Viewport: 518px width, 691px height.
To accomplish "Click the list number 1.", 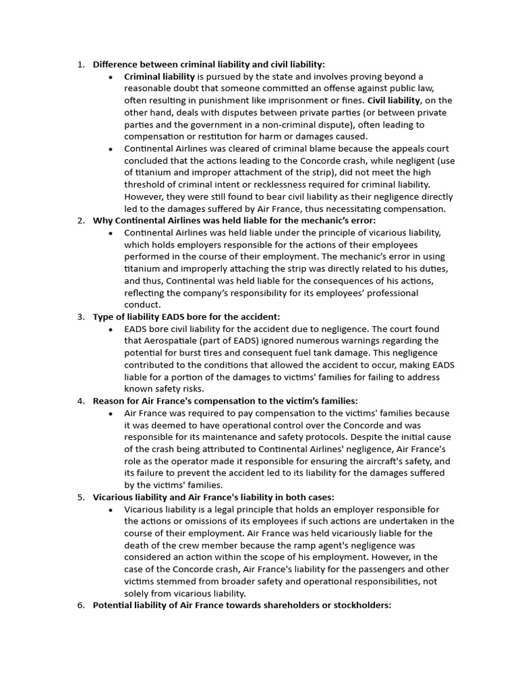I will (80, 65).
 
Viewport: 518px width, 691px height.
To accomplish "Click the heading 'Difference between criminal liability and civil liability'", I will (208, 65).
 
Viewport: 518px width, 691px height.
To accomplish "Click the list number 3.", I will (80, 316).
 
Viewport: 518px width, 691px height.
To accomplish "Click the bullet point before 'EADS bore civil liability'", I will (111, 329).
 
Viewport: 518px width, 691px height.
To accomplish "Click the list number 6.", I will (80, 605).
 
